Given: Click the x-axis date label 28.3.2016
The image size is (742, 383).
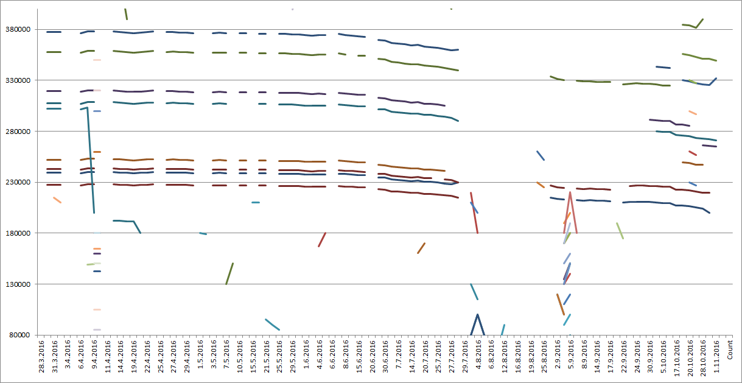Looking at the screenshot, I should [x=42, y=359].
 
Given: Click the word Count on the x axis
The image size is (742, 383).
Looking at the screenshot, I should [x=729, y=350].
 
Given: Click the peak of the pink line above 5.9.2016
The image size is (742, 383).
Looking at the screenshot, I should [x=570, y=192].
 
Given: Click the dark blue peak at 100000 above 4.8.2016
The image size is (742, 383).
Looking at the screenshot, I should [x=478, y=315].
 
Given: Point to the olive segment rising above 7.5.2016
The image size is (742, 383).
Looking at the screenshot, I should [x=229, y=273].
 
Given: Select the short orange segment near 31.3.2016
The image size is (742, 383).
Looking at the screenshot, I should [x=57, y=200].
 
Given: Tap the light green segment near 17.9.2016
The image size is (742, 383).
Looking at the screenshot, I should [x=620, y=231].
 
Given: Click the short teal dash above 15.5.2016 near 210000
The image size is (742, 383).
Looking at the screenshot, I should [x=256, y=202].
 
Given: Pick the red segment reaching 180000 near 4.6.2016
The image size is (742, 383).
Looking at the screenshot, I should [x=322, y=239].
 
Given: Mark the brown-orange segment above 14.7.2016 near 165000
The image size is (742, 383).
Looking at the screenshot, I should [x=421, y=248].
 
